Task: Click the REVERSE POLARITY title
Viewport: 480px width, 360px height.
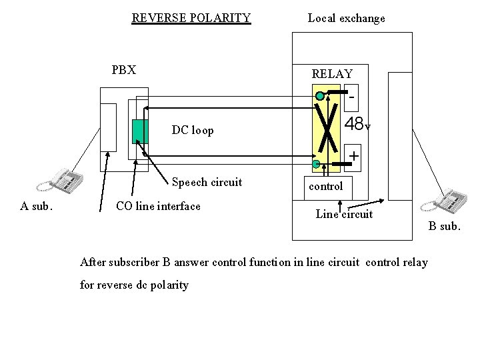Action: (x=191, y=18)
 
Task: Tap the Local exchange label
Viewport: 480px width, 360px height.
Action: (x=346, y=18)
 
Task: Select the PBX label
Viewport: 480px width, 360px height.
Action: (x=124, y=69)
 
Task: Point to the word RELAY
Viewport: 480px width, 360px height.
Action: (x=332, y=74)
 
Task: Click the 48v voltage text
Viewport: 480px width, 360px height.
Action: (x=357, y=124)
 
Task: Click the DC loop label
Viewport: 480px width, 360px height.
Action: (x=193, y=130)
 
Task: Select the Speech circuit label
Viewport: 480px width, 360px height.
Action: (x=207, y=182)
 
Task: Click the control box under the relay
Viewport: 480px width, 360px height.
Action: (x=326, y=186)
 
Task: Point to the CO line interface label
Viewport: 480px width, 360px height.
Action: (x=158, y=206)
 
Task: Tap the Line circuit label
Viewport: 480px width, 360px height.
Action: (x=344, y=214)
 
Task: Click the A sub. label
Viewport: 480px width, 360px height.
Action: (x=36, y=206)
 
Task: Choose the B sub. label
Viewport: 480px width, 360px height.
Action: (x=444, y=226)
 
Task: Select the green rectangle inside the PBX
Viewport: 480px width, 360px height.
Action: (x=139, y=131)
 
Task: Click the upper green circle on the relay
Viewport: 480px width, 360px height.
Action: (x=320, y=97)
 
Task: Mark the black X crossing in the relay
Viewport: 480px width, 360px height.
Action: (x=327, y=129)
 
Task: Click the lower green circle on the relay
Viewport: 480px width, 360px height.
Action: (x=315, y=163)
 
